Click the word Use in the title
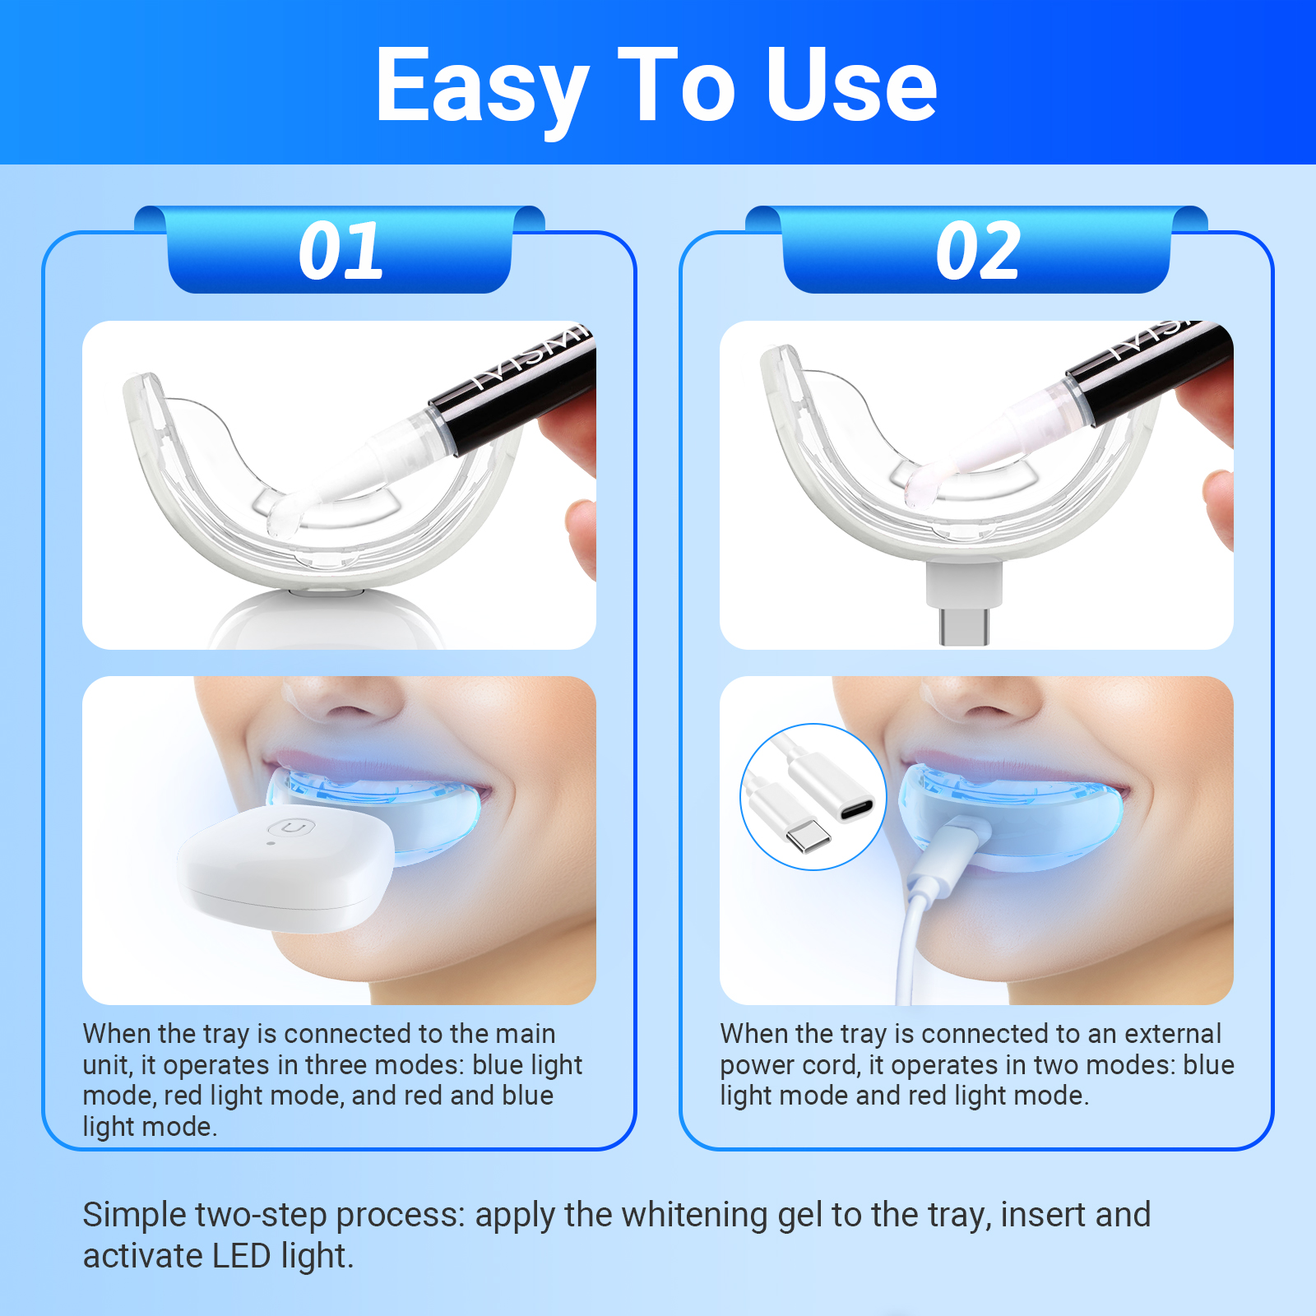852,84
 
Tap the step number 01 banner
340,250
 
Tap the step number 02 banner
977,250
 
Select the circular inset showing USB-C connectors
813,796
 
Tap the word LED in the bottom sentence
241,1256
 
